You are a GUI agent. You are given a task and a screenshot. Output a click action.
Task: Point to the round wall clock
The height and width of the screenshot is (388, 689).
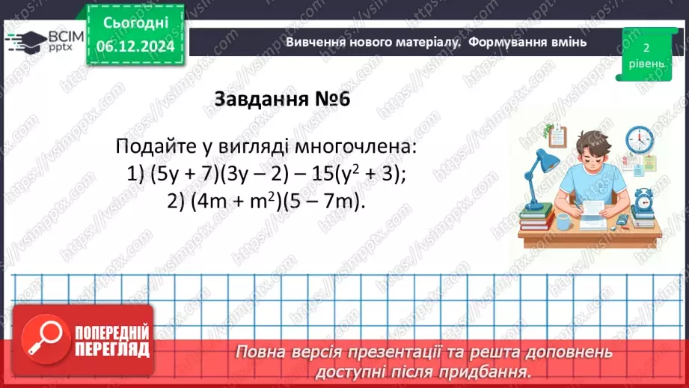point(639,139)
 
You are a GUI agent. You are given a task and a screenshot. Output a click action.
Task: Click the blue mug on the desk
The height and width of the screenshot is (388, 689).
point(563,221)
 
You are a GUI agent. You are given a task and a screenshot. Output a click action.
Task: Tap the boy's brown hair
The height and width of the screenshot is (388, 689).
point(590,142)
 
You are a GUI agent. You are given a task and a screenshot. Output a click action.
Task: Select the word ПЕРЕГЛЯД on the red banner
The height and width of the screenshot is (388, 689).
point(112,350)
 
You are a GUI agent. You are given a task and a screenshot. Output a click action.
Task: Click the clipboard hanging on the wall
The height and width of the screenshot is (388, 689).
point(556,136)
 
